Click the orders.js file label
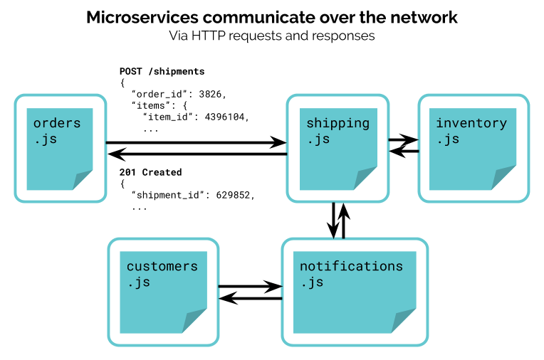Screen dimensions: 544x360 pyautogui.click(x=57, y=131)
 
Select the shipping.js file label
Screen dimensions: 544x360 pyautogui.click(x=338, y=131)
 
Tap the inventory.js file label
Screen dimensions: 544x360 pyautogui.click(x=471, y=131)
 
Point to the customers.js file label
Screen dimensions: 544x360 pyautogui.click(x=162, y=274)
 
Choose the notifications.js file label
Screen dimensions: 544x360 pyautogui.click(x=351, y=274)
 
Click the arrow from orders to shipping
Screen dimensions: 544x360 pyautogui.click(x=196, y=142)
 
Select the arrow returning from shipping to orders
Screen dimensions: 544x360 pyautogui.click(x=197, y=154)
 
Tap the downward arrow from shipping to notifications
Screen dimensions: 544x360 pyautogui.click(x=333, y=221)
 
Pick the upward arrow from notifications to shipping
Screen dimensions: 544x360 pyautogui.click(x=343, y=221)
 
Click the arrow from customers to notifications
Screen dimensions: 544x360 pyautogui.click(x=250, y=287)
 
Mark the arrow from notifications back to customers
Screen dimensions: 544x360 pyautogui.click(x=251, y=298)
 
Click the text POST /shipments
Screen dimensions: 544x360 pyautogui.click(x=162, y=71)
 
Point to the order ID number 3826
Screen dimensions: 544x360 pyautogui.click(x=210, y=94)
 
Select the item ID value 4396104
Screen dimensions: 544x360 pyautogui.click(x=224, y=117)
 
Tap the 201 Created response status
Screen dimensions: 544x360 pyautogui.click(x=150, y=172)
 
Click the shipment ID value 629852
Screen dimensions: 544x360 pyautogui.click(x=233, y=195)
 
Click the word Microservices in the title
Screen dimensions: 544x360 pyautogui.click(x=142, y=17)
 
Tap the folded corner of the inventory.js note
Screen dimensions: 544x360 pyautogui.click(x=503, y=178)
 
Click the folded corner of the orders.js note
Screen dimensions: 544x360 pyautogui.click(x=83, y=180)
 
